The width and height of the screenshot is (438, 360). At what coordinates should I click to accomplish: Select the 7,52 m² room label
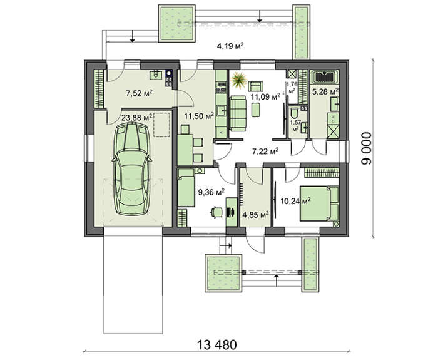tap(139, 94)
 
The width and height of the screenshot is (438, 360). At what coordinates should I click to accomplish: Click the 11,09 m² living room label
tap(265, 97)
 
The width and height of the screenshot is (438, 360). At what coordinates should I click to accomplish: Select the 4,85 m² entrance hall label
tap(255, 215)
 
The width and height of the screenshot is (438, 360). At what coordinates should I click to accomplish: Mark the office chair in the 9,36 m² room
tap(216, 212)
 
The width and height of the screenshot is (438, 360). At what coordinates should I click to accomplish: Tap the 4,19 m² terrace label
tap(230, 45)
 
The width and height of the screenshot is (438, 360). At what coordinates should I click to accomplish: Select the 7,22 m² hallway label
tap(265, 151)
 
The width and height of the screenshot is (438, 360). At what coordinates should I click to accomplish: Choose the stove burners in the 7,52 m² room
tap(168, 77)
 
